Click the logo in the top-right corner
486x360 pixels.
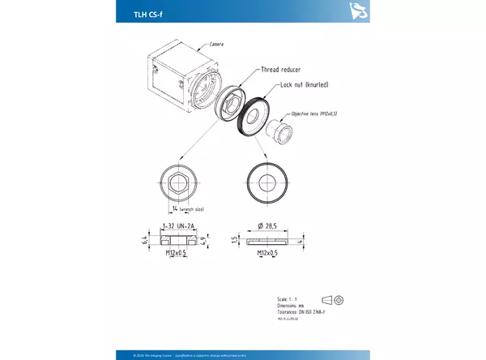pyautogui.click(x=356, y=11)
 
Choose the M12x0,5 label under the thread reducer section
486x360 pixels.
pyautogui.click(x=177, y=254)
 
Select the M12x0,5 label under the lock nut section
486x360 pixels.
pyautogui.click(x=268, y=254)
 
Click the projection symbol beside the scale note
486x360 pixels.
pyautogui.click(x=333, y=300)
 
